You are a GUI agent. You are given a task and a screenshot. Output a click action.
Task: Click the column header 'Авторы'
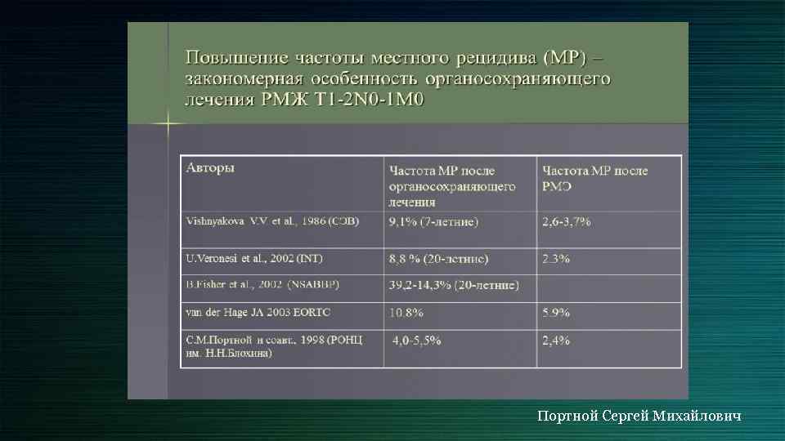pyautogui.click(x=211, y=167)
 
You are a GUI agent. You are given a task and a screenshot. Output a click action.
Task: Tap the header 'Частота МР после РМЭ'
pyautogui.click(x=594, y=178)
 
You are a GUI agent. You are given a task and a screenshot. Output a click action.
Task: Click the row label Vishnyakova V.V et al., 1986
pyautogui.click(x=272, y=220)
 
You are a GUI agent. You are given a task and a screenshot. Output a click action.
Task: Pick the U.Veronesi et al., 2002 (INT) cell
pyautogui.click(x=254, y=258)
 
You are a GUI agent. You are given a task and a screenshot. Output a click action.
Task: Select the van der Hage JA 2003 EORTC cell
pyautogui.click(x=258, y=312)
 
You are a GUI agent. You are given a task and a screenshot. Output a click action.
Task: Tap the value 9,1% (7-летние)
pyautogui.click(x=433, y=221)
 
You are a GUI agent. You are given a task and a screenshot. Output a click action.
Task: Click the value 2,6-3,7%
pyautogui.click(x=566, y=221)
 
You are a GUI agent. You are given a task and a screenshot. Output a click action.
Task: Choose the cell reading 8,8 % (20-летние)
pyautogui.click(x=438, y=259)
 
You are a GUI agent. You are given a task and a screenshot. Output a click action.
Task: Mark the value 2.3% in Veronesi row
pyautogui.click(x=556, y=259)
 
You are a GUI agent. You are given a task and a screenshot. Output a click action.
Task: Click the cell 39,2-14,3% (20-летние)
pyautogui.click(x=454, y=285)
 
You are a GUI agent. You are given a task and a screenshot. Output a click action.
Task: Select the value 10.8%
pyautogui.click(x=406, y=312)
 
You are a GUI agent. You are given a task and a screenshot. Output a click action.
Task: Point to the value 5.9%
pyautogui.click(x=556, y=312)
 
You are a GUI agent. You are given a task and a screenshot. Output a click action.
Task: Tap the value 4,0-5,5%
pyautogui.click(x=416, y=340)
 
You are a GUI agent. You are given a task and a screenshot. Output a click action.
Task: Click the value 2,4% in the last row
pyautogui.click(x=556, y=340)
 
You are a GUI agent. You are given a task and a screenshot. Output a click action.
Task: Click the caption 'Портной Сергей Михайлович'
pyautogui.click(x=639, y=416)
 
